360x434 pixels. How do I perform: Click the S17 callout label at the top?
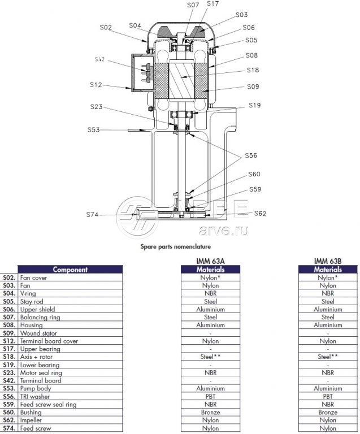(x=213, y=4)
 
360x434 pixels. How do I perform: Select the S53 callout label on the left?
(x=93, y=130)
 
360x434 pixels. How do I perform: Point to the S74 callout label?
(x=92, y=215)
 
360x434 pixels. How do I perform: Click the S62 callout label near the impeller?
(x=260, y=214)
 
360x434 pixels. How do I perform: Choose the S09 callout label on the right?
(x=253, y=87)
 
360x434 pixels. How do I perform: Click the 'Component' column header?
(x=70, y=270)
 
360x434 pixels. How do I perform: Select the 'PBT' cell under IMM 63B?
(x=328, y=397)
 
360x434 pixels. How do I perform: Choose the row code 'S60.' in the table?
(x=8, y=413)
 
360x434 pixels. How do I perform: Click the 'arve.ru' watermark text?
(x=223, y=229)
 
